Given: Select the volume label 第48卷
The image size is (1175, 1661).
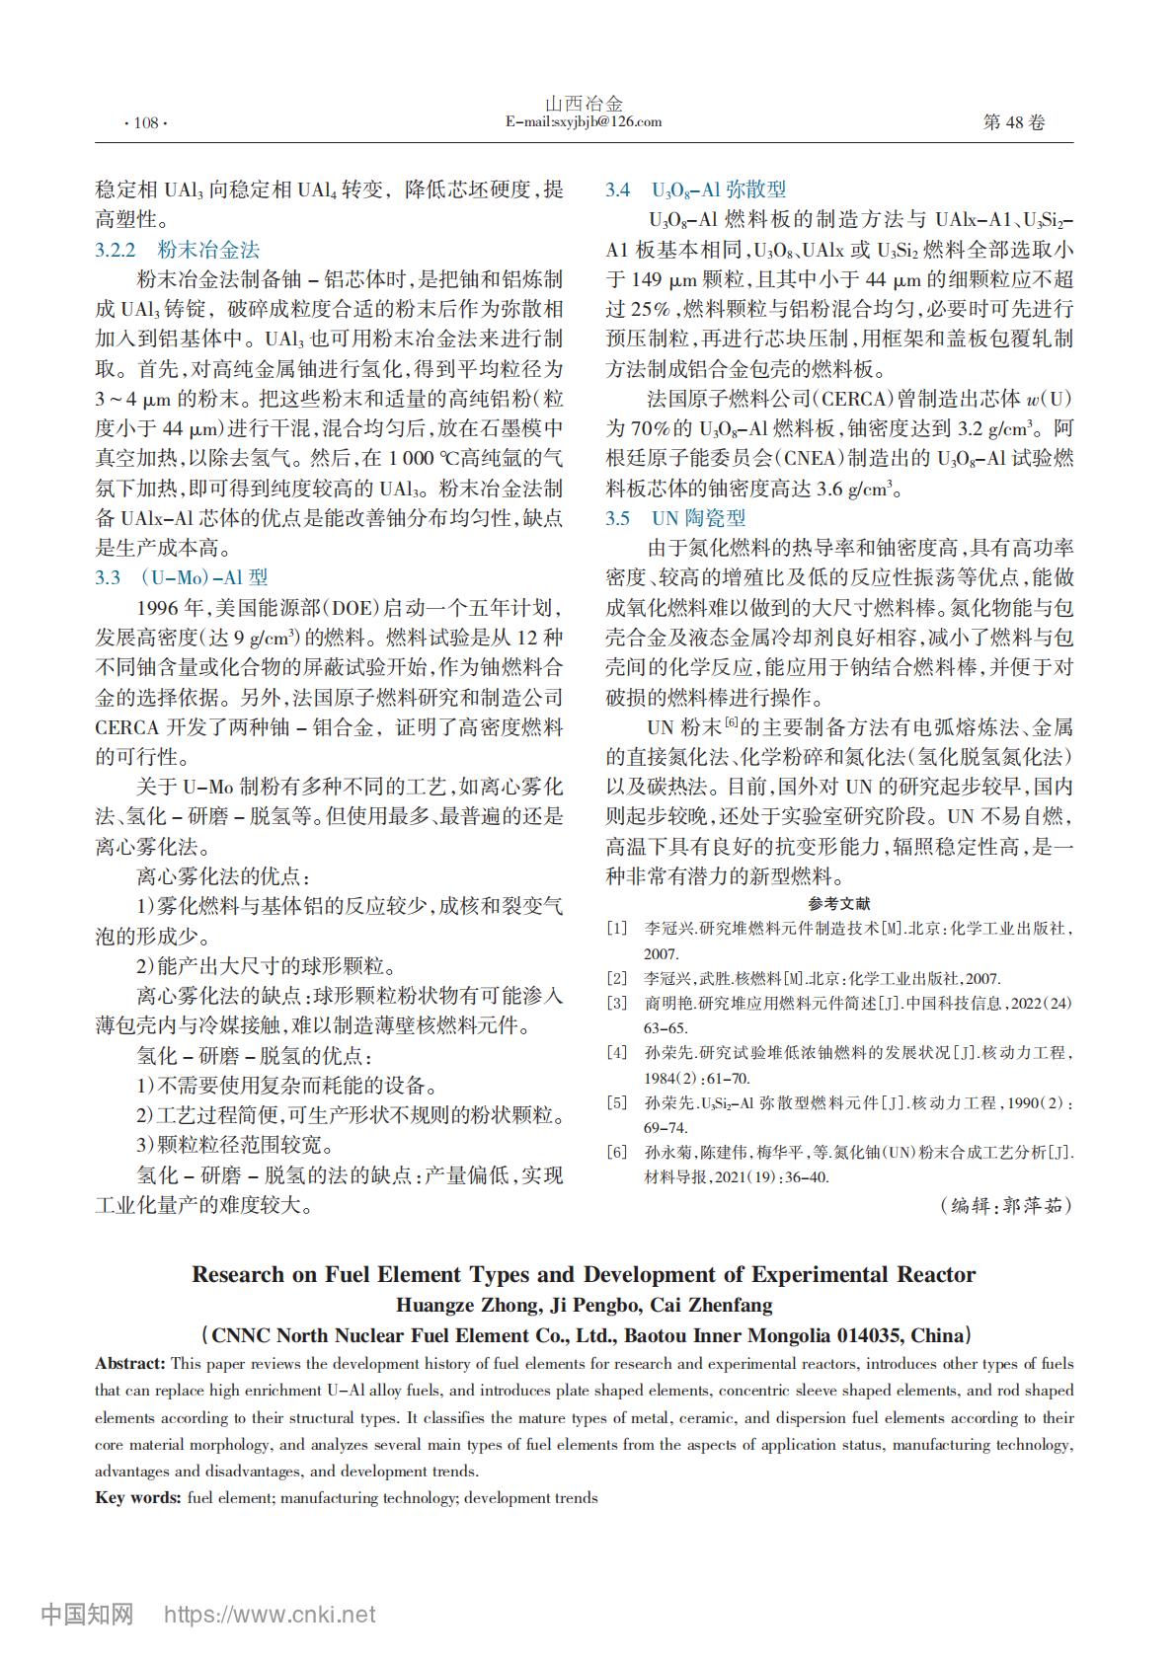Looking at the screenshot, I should [1013, 122].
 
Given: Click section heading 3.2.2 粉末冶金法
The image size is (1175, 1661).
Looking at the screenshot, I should [178, 250].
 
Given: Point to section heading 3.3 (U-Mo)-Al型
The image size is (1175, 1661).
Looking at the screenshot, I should [182, 577].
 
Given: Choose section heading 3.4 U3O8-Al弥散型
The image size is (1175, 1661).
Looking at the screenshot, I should [695, 189].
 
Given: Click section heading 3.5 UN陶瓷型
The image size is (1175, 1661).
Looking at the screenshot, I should [675, 518].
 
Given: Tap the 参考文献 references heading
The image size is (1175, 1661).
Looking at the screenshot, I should [838, 903].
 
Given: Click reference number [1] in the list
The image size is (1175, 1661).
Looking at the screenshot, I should [617, 929].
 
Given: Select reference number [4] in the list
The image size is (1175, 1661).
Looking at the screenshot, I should [617, 1053].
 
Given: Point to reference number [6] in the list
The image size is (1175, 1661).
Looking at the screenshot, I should [617, 1153].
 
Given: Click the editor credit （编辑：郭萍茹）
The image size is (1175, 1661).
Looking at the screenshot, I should [1005, 1205].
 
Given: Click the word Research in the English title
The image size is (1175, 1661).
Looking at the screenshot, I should [237, 1274].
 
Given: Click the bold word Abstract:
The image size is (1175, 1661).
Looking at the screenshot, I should [130, 1364].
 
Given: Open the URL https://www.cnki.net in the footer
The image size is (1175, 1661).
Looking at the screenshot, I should [269, 1615].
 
